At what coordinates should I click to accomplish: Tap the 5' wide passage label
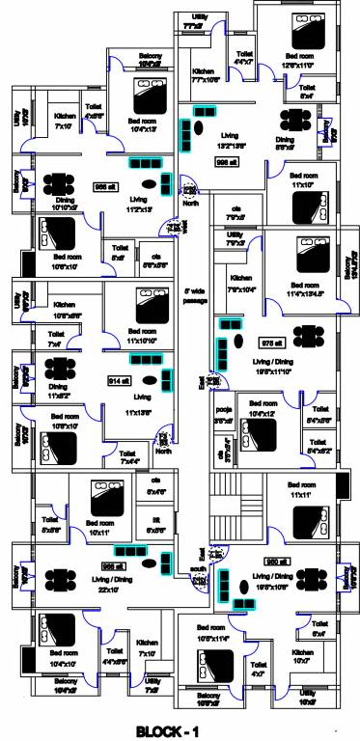pos(197,293)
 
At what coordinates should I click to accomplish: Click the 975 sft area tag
pos(272,343)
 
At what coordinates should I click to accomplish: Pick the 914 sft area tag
pos(120,380)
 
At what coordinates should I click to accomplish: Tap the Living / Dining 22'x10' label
pos(115,585)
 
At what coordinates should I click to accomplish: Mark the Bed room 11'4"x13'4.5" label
pos(304,289)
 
